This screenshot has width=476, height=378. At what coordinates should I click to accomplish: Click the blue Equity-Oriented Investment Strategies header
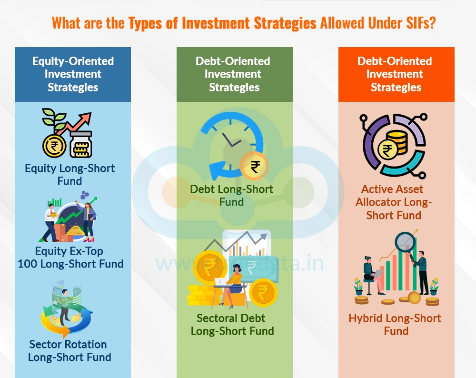tap(73, 74)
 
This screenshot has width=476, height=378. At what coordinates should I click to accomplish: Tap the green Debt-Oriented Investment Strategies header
tap(234, 74)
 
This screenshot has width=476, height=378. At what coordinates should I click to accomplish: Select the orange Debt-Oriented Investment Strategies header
tap(396, 74)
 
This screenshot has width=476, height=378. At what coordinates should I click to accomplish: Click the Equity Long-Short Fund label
tap(69, 174)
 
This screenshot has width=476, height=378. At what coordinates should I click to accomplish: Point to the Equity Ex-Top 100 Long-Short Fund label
tap(70, 257)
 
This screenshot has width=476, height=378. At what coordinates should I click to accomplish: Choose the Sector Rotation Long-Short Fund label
tap(69, 350)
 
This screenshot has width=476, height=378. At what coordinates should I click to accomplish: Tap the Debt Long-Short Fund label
tap(232, 195)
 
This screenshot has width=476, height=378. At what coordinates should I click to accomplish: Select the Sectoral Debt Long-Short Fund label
tap(232, 324)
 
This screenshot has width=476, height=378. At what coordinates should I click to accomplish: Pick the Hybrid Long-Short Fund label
tap(395, 324)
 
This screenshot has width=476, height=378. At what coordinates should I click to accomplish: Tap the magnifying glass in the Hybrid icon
tap(406, 243)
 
